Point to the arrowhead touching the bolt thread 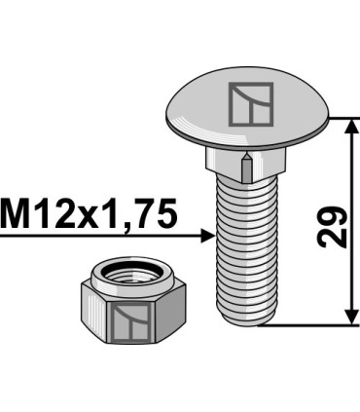pyautogui.click(x=206, y=235)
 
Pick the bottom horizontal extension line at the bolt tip pyautogui.click(x=311, y=326)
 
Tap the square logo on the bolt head pyautogui.click(x=251, y=102)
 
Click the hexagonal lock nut pyautogui.click(x=125, y=307)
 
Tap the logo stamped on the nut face pyautogui.click(x=126, y=320)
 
